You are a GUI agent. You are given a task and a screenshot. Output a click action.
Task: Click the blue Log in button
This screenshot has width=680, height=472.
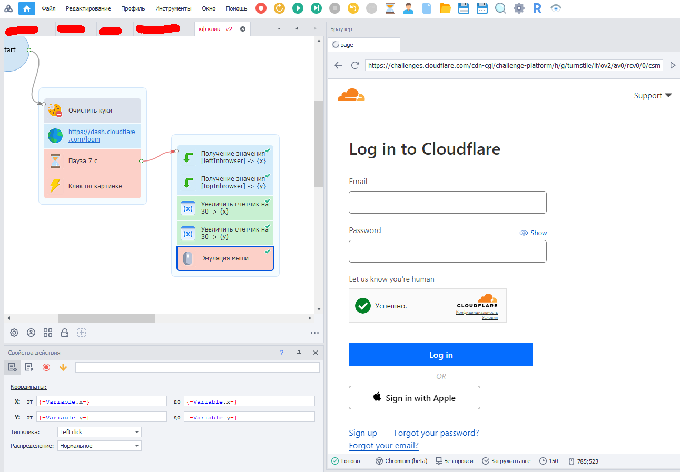point(440,355)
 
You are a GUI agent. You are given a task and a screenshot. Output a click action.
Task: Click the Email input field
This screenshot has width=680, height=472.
point(447,202)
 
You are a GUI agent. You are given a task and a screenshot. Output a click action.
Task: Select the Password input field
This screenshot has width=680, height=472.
point(447,251)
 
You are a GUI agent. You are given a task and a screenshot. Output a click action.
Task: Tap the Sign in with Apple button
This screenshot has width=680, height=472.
point(414,398)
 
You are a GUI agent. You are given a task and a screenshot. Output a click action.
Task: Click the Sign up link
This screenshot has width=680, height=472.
point(363,433)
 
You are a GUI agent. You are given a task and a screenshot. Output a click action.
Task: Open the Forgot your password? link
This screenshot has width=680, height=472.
point(436,433)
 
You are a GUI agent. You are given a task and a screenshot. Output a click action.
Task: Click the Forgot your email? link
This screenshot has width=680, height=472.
point(383,446)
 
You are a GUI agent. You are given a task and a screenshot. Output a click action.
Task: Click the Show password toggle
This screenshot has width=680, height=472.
point(533,233)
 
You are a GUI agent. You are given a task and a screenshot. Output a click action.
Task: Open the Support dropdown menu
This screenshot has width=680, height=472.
point(653,96)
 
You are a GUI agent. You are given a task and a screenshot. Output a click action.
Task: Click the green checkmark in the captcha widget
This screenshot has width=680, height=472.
point(363,305)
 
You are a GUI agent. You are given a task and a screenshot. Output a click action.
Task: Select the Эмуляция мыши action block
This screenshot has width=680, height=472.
point(225,258)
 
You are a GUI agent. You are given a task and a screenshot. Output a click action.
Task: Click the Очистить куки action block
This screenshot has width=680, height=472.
point(92,111)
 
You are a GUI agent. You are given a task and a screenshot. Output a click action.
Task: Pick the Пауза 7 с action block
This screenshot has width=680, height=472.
point(92,161)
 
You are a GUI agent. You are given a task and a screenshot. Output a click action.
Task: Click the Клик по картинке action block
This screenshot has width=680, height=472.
point(92,186)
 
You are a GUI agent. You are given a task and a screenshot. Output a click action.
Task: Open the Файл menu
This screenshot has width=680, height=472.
point(49,8)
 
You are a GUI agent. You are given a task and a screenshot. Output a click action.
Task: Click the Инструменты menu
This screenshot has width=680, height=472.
point(173,8)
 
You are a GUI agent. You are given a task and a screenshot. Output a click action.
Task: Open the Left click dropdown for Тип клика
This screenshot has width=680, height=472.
point(100,432)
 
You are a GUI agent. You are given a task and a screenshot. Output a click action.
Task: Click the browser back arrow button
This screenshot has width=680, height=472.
point(338,65)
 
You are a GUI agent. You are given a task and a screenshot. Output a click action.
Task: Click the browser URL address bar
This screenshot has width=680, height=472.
point(514,65)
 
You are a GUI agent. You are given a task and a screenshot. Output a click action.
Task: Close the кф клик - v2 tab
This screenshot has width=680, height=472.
point(243,29)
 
